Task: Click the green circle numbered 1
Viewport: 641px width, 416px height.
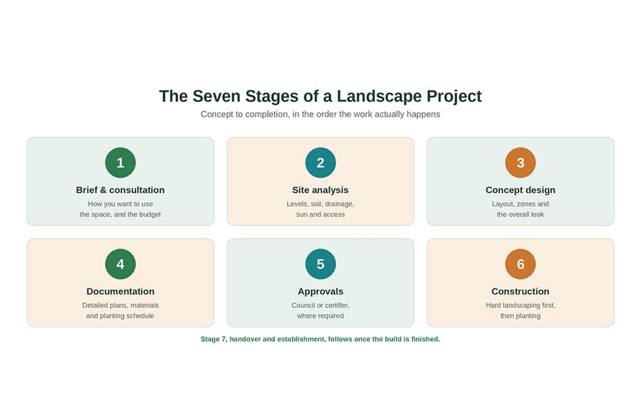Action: [x=120, y=162]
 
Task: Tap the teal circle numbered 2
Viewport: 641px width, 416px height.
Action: [x=320, y=162]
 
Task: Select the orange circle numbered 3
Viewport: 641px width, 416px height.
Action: [x=521, y=162]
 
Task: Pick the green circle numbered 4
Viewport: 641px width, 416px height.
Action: [x=120, y=264]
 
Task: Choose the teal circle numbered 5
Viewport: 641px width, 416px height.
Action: [x=320, y=264]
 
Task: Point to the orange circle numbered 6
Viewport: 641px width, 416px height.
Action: [x=521, y=264]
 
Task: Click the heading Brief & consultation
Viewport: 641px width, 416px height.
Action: [x=120, y=189]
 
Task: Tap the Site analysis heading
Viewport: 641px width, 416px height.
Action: [x=320, y=189]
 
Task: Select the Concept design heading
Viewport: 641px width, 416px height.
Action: [x=521, y=189]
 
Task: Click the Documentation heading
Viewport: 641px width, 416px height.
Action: [x=120, y=291]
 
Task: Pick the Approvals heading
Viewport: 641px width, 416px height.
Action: [x=320, y=291]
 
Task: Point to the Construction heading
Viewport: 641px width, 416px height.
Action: [x=521, y=291]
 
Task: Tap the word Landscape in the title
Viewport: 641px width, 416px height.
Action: [x=379, y=97]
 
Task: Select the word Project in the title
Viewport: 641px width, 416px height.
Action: [x=454, y=97]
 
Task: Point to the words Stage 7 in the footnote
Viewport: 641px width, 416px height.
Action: [x=213, y=339]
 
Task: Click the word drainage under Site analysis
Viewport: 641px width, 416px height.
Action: [x=338, y=204]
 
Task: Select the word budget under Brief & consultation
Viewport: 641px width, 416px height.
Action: [x=150, y=214]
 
